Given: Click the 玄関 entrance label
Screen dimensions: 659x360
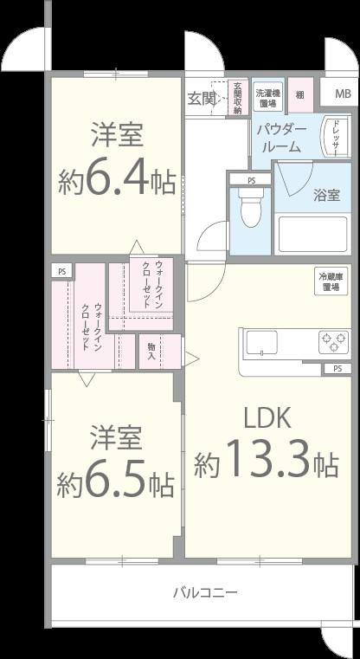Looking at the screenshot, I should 202,97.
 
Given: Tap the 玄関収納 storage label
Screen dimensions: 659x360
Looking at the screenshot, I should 237,98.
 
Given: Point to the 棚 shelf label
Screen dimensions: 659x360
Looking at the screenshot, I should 300,94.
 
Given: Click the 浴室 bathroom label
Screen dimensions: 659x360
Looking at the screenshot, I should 326,195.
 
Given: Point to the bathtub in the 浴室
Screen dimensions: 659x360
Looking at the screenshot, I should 312,234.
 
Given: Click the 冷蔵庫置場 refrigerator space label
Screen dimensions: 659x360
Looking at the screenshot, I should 331,281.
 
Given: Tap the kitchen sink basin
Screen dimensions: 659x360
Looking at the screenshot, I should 260,343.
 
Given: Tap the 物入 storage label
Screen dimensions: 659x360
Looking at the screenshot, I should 151,352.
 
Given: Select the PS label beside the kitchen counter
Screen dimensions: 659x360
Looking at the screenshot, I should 336,369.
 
